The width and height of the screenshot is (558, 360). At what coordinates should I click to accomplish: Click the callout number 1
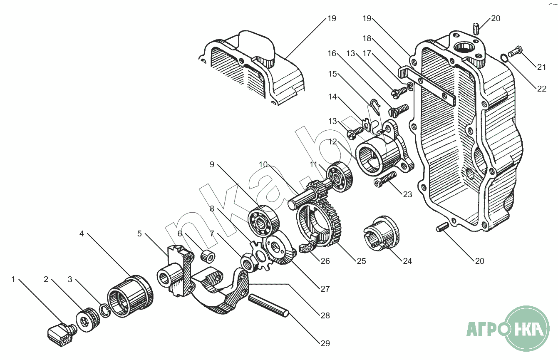point(13,280)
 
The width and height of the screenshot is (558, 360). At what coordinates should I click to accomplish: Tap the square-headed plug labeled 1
point(62,334)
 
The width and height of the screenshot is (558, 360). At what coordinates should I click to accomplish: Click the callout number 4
point(82,234)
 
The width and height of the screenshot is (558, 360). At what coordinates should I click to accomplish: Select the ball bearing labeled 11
point(340,177)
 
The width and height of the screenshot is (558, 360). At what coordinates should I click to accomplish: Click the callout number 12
point(332,142)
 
